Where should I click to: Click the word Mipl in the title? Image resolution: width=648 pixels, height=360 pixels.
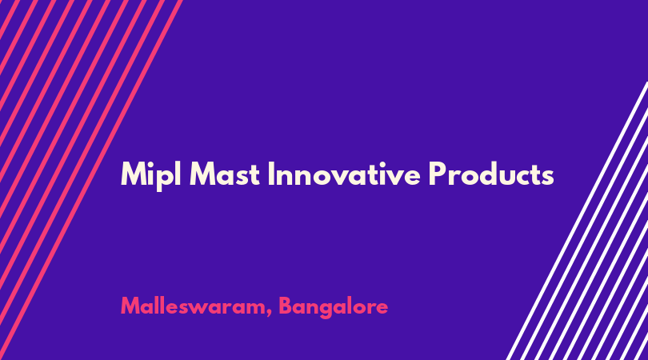tap(151, 176)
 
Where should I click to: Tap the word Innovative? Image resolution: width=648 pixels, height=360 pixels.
tap(344, 174)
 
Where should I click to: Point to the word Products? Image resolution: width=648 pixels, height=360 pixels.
tap(491, 174)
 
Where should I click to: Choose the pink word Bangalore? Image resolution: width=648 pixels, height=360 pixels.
tap(334, 307)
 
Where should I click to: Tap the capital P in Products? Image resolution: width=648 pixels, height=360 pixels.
tap(438, 174)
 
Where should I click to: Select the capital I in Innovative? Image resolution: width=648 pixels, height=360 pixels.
tap(271, 174)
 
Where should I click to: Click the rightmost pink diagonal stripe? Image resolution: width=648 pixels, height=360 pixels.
tap(91, 180)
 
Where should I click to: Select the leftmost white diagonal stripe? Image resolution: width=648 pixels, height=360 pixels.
tap(578, 221)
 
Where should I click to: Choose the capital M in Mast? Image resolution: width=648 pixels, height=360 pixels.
tap(202, 174)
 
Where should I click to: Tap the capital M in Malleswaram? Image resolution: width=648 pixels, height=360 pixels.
tap(130, 306)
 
